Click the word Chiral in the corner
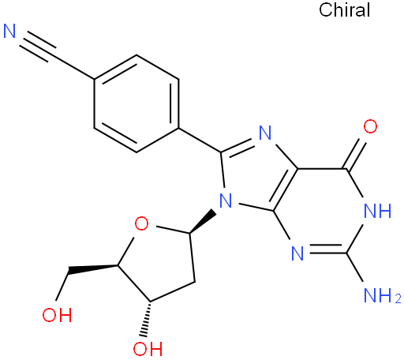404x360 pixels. (344, 10)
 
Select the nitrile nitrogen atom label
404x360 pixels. (9, 31)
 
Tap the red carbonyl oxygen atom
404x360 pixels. (370, 126)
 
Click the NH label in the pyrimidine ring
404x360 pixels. (378, 211)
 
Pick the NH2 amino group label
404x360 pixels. (383, 295)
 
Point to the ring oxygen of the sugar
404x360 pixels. (141, 224)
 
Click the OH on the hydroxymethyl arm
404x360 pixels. (57, 315)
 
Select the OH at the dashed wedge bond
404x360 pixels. (148, 349)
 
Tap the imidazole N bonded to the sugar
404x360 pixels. (226, 201)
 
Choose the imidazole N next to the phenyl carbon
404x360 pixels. (265, 133)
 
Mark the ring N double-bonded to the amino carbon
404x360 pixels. (297, 253)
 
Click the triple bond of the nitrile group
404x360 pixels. (37, 47)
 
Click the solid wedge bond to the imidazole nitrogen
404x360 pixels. (202, 221)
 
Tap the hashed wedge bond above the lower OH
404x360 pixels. (147, 319)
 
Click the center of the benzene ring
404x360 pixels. (137, 103)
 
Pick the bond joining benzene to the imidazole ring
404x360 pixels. (200, 140)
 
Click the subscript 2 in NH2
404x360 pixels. (398, 299)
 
